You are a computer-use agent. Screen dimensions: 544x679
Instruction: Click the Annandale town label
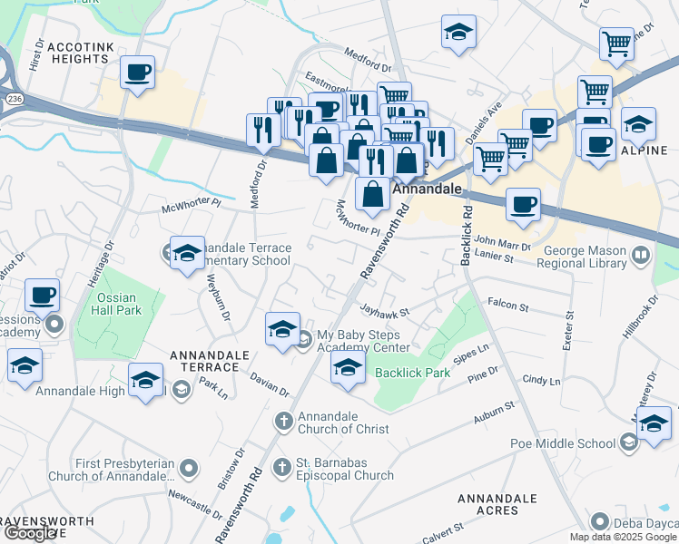point(428,191)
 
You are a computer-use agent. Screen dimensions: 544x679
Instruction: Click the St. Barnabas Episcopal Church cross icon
point(282,467)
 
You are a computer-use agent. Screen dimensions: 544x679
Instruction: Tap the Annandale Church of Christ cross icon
point(283,421)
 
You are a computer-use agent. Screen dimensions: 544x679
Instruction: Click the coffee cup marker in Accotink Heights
point(137,72)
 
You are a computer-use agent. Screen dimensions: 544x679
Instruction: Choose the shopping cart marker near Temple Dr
point(616,42)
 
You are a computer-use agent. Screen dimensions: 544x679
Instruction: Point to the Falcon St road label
point(508,307)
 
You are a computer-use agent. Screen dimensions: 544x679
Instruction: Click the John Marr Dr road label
point(502,243)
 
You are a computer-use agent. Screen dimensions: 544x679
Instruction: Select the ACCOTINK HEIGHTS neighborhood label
point(79,52)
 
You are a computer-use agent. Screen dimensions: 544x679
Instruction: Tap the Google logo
point(30,533)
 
